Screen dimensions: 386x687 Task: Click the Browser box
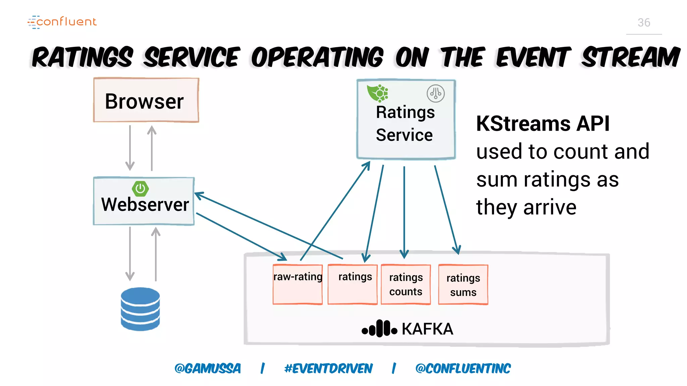point(146,101)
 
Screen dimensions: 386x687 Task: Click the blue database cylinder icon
point(140,309)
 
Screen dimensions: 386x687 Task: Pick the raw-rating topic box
point(298,284)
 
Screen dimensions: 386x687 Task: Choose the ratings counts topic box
point(406,284)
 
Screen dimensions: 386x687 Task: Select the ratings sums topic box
point(463,284)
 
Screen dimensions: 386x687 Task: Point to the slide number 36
point(644,22)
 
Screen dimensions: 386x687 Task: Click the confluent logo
point(62,22)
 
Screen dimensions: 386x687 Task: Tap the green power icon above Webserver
point(140,189)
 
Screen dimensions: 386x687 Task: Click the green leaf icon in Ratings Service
point(377,93)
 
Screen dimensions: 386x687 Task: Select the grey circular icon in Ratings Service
point(435,93)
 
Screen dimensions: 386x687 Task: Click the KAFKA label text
point(427,329)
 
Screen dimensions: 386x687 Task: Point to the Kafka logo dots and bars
point(379,329)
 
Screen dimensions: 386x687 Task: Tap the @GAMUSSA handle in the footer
point(208,369)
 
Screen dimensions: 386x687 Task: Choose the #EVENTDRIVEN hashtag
point(328,369)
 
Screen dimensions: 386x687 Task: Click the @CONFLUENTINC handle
point(463,369)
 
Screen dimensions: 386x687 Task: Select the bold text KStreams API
point(543,124)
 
